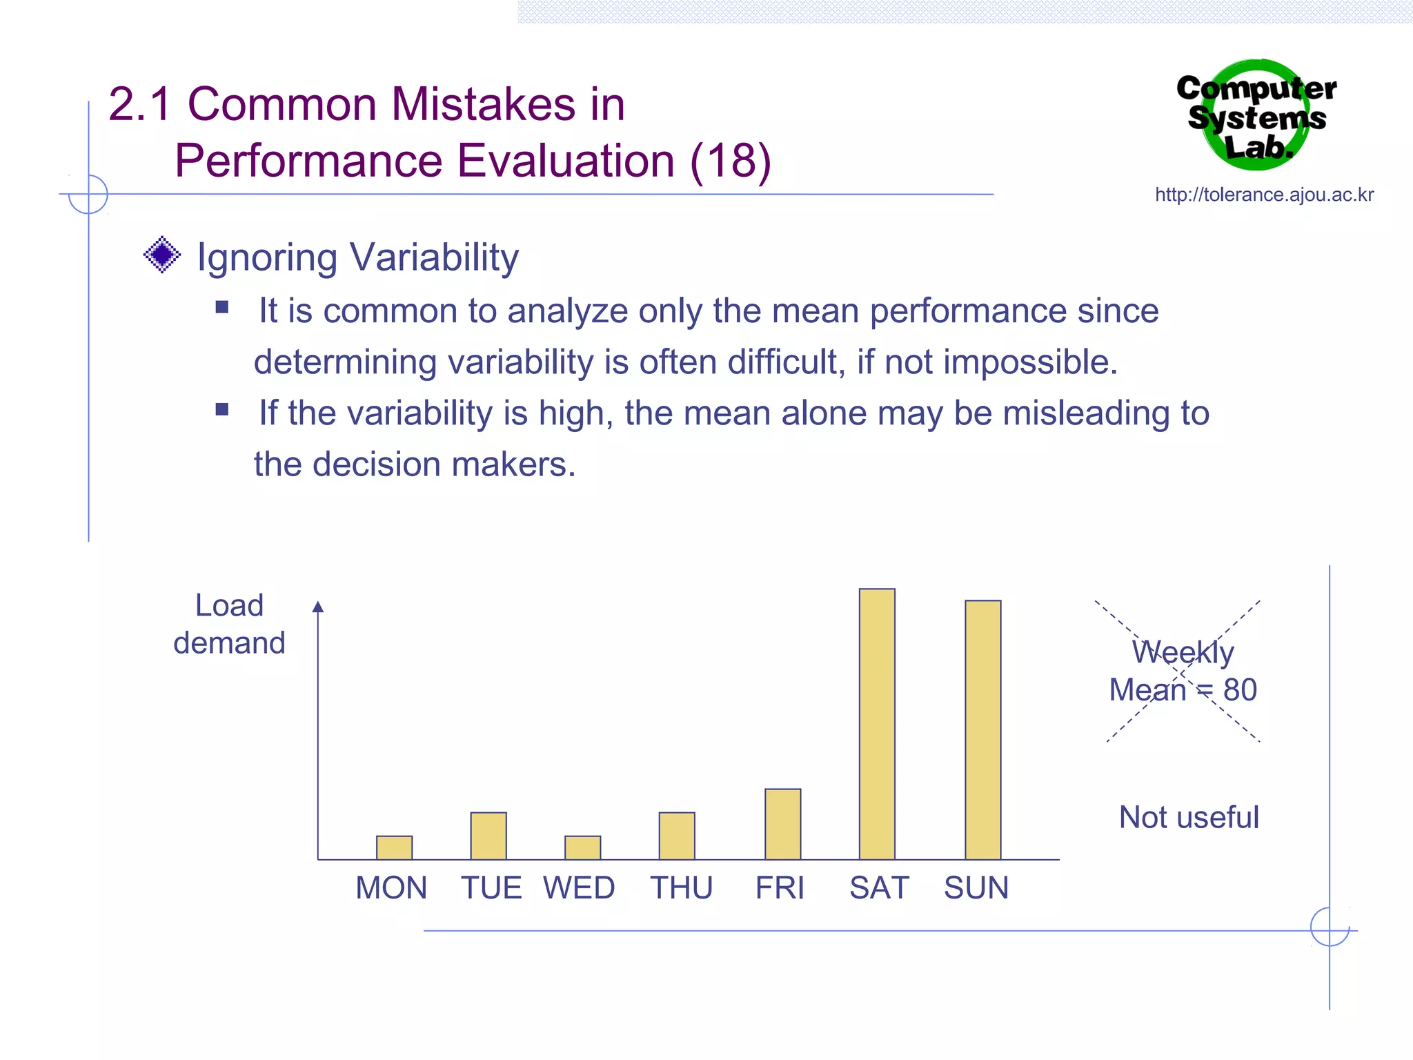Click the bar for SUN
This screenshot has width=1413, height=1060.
point(982,729)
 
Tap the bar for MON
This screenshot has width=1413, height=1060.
point(394,847)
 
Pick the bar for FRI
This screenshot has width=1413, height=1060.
point(782,824)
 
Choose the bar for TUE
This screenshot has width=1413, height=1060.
point(488,836)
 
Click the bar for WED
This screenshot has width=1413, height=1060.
point(582,847)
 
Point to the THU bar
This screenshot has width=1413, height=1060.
point(676,836)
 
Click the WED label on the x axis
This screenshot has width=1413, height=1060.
point(579,887)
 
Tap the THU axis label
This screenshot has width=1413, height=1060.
point(681,887)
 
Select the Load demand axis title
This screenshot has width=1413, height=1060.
point(229,624)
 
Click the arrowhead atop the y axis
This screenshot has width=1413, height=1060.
point(318,607)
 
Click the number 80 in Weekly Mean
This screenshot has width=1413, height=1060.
point(1240,689)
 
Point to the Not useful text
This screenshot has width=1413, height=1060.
point(1188,817)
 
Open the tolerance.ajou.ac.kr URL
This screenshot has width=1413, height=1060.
point(1264,195)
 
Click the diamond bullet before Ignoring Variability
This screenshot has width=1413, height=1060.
point(162,255)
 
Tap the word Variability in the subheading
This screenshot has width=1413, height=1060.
point(434,257)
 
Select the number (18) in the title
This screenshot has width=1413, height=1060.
point(730,161)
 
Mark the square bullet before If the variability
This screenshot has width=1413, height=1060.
point(221,409)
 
